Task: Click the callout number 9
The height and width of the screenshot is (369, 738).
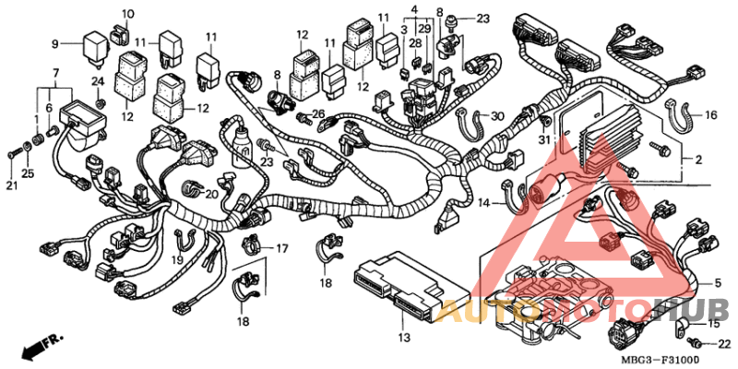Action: (54, 43)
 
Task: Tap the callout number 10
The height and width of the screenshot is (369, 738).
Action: (127, 14)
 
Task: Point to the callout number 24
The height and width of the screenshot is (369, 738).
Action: (97, 81)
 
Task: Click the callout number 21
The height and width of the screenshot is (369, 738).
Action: (11, 187)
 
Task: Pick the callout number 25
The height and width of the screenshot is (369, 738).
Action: (27, 173)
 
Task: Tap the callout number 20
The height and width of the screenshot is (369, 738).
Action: (211, 194)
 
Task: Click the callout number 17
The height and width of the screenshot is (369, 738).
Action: (281, 248)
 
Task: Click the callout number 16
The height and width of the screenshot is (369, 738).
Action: (710, 115)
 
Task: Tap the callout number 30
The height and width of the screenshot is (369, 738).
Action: (497, 116)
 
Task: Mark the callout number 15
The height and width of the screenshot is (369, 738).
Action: (712, 324)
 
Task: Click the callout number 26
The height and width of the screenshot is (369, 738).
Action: (319, 115)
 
